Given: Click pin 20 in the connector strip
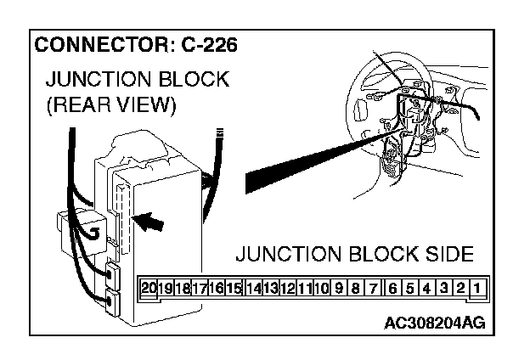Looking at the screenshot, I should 149,289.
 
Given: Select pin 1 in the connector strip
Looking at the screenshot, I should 477,289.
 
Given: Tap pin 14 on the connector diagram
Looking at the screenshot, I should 253,289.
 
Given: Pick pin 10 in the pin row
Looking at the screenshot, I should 321,289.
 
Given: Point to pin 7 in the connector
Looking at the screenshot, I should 374,289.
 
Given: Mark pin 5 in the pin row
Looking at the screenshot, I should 409,289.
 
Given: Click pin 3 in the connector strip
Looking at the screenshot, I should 444,289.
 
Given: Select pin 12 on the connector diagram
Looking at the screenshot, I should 287,289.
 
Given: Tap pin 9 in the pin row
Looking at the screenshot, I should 339,289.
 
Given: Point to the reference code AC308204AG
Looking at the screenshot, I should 435,323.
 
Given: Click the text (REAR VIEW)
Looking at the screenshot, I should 112,106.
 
